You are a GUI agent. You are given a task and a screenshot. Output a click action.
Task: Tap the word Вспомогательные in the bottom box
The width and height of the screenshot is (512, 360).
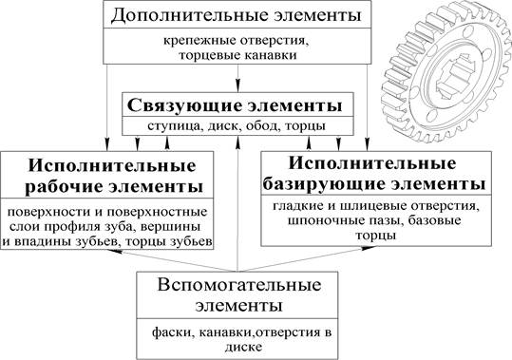pyautogui.click(x=239, y=285)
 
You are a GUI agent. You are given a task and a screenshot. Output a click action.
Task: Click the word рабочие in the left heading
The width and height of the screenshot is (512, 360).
pyautogui.click(x=64, y=187)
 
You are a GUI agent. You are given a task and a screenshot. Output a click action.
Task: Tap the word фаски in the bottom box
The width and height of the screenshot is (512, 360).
pyautogui.click(x=171, y=332)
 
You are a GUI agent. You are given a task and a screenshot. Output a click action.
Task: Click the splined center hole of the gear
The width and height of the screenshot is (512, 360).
pyautogui.click(x=454, y=76)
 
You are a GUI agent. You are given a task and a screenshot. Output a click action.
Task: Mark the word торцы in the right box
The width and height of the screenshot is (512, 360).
pyautogui.click(x=376, y=236)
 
